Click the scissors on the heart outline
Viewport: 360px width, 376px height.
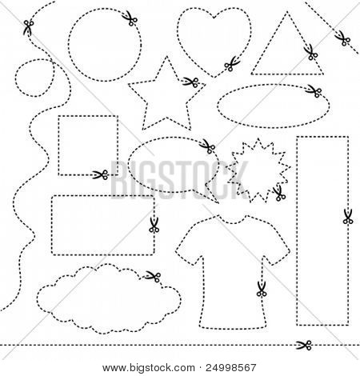tap(232, 64)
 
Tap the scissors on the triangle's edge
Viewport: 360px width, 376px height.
tap(310, 53)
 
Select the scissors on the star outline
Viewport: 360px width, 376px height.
tap(191, 82)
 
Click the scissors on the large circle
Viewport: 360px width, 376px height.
tap(130, 18)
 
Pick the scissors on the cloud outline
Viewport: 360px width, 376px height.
tap(154, 276)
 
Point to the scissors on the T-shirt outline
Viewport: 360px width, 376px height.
tap(262, 289)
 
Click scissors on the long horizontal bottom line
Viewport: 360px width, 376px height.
tap(304, 345)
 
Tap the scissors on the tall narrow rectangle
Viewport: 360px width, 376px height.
tap(348, 216)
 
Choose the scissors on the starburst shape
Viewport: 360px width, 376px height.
tap(279, 194)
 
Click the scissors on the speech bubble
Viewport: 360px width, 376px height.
tap(207, 146)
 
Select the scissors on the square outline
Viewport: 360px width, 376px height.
tap(100, 175)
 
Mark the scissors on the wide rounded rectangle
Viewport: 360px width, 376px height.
tap(154, 225)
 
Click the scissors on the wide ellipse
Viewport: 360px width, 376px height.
tap(314, 91)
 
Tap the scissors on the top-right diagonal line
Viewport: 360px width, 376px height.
tap(342, 38)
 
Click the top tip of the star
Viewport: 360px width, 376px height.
tap(167, 56)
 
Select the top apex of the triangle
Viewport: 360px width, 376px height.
tap(287, 12)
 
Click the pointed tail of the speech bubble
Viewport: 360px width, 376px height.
tap(218, 203)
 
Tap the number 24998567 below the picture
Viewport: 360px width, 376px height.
tap(231, 368)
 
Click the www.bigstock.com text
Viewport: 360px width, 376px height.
tap(149, 368)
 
